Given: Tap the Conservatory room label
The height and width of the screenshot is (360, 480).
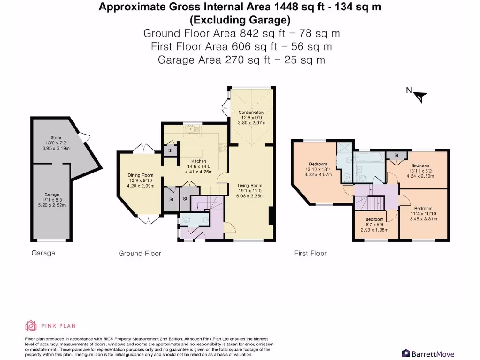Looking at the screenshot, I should coord(251,112).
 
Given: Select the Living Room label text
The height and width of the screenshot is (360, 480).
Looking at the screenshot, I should coord(249,186).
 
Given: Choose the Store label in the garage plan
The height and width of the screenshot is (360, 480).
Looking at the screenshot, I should coord(56,138).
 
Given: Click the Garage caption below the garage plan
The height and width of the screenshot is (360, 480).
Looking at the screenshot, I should coord(43,253).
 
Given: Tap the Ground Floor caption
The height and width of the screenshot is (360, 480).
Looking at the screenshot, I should coord(140,254).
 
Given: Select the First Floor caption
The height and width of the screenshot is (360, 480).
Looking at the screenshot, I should coord(310,254).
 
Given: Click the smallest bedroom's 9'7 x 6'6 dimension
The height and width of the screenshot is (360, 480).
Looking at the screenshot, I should coord(375,224).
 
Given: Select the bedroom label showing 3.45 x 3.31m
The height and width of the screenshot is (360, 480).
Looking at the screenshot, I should coord(423,218).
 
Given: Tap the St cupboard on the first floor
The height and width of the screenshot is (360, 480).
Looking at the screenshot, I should coord(396,155).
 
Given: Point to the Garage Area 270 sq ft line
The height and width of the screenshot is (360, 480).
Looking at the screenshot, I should coord(241,60).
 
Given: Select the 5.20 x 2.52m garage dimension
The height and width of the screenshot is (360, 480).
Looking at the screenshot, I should coord(52,204).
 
